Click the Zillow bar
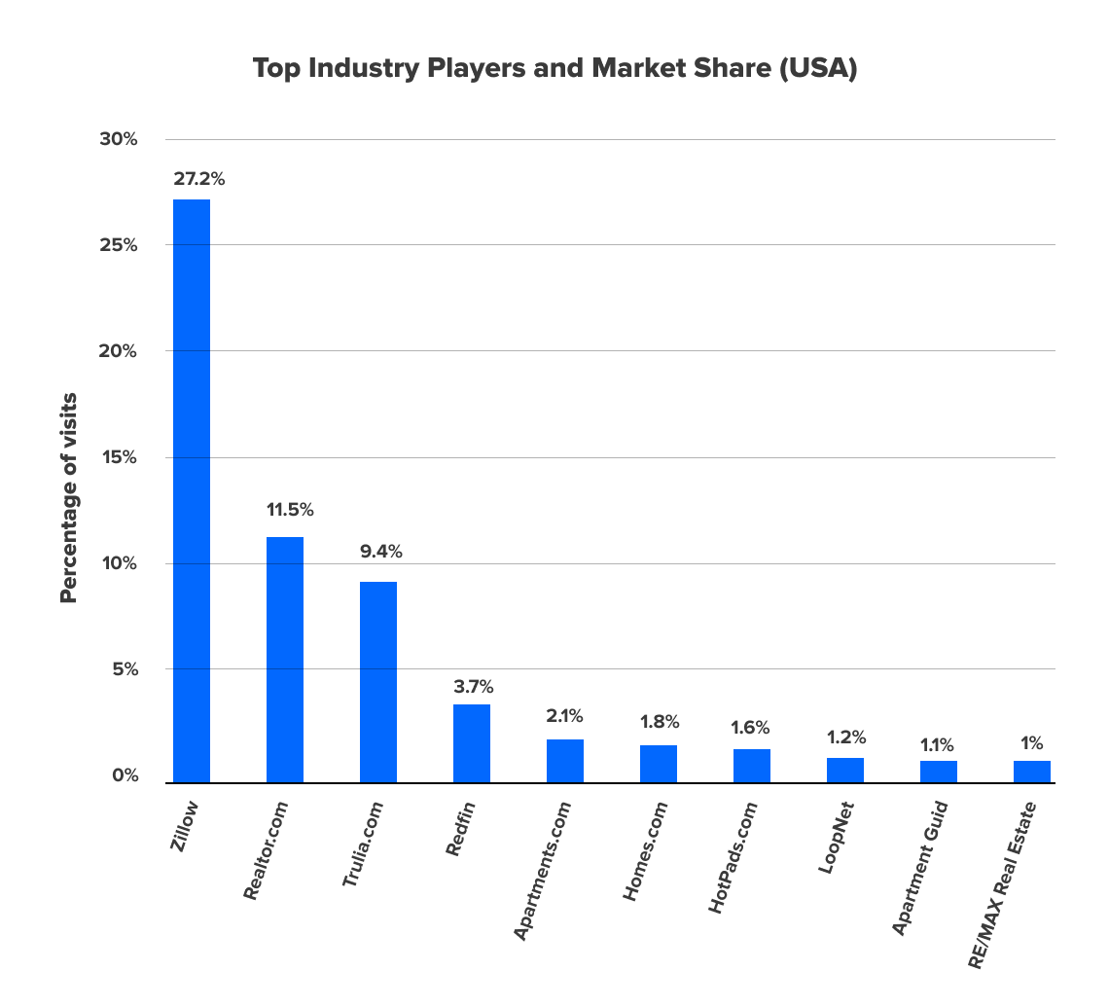(192, 490)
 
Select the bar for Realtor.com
(285, 660)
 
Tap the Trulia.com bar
(378, 682)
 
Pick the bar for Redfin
(472, 743)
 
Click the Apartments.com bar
(565, 761)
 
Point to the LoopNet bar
(845, 770)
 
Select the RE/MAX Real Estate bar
(1032, 772)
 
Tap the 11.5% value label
(289, 510)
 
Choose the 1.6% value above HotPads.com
(750, 727)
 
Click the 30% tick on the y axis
(119, 139)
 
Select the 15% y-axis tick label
(119, 457)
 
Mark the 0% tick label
(123, 775)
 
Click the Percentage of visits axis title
(68, 498)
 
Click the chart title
(554, 69)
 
